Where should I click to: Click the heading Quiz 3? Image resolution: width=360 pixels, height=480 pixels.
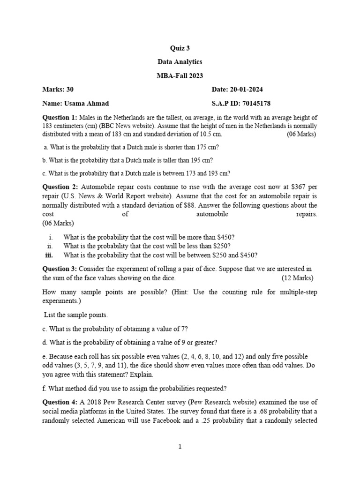pyautogui.click(x=180, y=48)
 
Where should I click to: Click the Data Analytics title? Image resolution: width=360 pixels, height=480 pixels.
pyautogui.click(x=180, y=62)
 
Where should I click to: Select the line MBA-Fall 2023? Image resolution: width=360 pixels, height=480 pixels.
pyautogui.click(x=180, y=75)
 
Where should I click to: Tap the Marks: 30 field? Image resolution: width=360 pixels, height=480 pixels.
pyautogui.click(x=58, y=90)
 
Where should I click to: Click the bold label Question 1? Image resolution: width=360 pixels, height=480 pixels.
pyautogui.click(x=60, y=117)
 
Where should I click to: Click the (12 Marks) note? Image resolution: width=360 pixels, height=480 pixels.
pyautogui.click(x=298, y=278)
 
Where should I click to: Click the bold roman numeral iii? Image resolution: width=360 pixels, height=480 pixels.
pyautogui.click(x=49, y=255)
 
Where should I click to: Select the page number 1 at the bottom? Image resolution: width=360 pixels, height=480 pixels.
pyautogui.click(x=180, y=447)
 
